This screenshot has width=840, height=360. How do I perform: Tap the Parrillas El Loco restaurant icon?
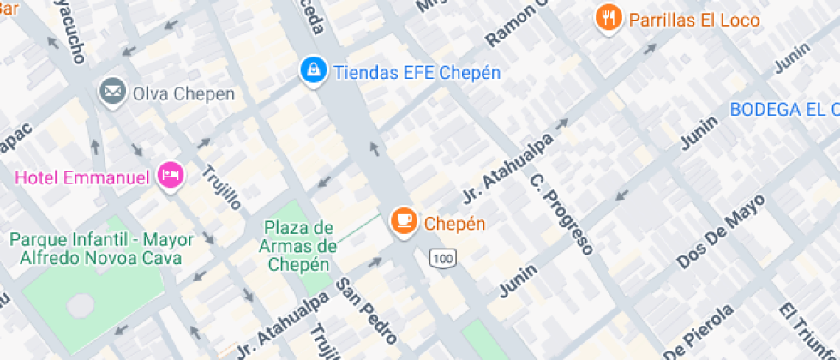[609, 19]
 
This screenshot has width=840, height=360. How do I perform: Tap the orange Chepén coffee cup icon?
[404, 223]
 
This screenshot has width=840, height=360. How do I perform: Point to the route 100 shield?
[443, 258]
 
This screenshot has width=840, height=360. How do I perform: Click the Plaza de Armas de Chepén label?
[298, 246]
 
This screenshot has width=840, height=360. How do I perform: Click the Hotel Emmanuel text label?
[81, 178]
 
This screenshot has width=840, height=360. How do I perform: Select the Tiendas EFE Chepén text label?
[417, 72]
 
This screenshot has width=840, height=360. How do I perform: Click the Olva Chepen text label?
[182, 93]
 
